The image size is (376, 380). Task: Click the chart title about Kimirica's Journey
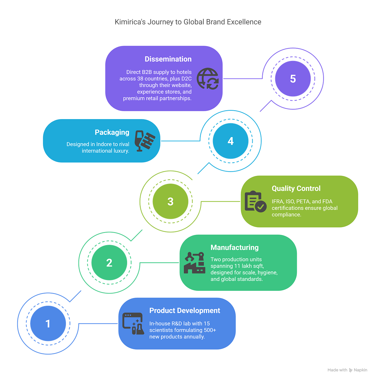point(188,22)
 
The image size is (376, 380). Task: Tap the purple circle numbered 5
point(293,78)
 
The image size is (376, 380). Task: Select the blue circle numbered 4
point(230,141)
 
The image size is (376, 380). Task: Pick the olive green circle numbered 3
point(170,201)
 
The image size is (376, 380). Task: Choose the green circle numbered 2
point(109,263)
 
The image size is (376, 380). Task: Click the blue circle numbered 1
point(48,323)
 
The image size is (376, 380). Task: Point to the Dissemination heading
point(168,59)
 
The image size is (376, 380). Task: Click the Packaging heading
point(112,132)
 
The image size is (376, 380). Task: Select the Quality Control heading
point(296,188)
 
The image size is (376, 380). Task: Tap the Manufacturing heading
point(235,248)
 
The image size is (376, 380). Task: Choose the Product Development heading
point(185,310)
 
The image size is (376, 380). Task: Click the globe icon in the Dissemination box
point(208,78)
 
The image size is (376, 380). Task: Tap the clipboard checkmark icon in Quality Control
point(256,201)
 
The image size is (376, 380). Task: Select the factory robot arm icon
point(194,263)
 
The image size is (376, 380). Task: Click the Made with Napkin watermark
point(347,370)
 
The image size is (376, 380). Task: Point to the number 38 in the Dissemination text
point(140,78)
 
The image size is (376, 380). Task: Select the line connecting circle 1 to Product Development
point(98,323)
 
